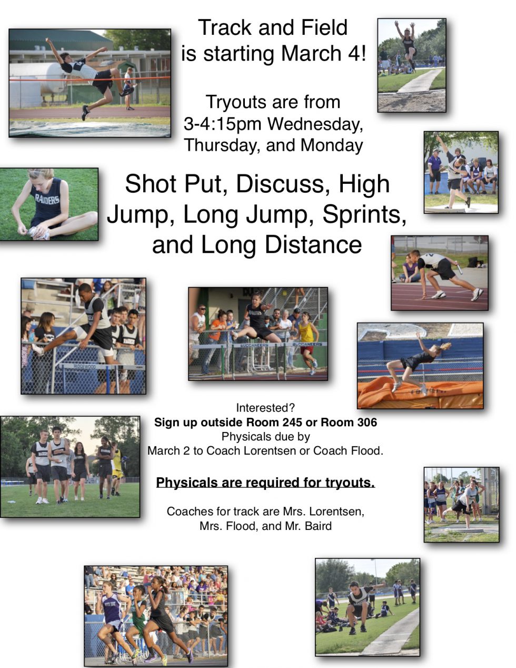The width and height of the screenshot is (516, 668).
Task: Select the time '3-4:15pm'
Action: pos(223,124)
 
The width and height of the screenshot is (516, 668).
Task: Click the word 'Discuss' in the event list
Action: pos(281,184)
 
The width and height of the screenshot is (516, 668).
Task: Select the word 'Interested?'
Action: pos(265,408)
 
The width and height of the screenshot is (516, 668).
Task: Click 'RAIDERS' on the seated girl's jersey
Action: pos(47,200)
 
